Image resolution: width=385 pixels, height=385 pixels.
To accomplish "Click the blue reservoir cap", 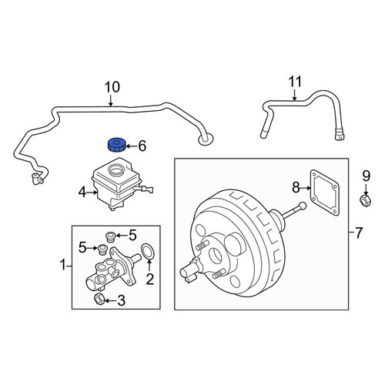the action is point(116,145).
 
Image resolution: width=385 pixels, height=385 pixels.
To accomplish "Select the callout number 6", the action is point(142,146).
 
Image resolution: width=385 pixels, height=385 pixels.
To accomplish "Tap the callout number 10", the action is point(112,87).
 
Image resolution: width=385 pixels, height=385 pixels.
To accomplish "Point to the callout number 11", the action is point(295,82).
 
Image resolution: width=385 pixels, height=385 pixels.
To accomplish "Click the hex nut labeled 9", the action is point(366,200).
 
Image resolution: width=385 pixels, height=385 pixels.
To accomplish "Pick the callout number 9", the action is point(367,176).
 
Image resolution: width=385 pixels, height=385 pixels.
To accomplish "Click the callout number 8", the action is point(296,187).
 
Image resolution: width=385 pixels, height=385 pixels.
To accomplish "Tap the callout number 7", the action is point(358,233).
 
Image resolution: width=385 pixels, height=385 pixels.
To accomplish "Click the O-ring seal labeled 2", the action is point(148,252).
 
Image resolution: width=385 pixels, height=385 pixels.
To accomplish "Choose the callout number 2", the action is point(149,280).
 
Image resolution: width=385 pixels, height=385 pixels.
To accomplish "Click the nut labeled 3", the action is point(99,300).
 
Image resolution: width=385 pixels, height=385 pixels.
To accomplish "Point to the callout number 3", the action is point(121,300).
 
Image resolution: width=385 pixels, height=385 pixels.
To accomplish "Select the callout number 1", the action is point(63,265).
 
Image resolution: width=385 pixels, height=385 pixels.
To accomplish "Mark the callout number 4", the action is point(82,192).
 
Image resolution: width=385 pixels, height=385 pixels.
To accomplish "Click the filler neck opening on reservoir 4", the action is point(117,169).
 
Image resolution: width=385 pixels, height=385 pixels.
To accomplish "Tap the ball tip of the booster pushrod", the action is point(303,206).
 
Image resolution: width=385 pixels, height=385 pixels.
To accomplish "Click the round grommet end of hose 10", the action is point(205,140).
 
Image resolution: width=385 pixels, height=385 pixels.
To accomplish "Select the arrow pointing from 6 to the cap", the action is point(131,146).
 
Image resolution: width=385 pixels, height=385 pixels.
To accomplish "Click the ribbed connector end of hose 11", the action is point(340,135).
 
